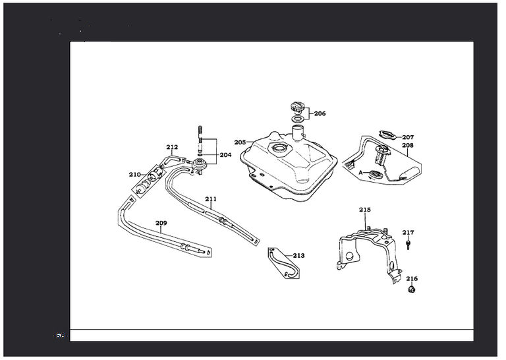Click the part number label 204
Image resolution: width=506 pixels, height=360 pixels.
click(x=225, y=155)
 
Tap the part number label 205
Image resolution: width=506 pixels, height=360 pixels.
click(x=240, y=142)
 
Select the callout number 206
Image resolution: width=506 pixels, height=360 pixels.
click(x=320, y=113)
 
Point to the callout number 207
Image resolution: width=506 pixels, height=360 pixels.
click(x=408, y=138)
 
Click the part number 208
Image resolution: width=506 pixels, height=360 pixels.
click(x=408, y=145)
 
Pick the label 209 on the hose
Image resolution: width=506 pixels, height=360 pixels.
click(x=161, y=223)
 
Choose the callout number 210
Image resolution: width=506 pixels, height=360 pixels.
click(x=134, y=175)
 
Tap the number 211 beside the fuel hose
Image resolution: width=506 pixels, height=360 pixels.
click(x=210, y=198)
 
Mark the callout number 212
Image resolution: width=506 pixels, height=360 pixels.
click(x=172, y=147)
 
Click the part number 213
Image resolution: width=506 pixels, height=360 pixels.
click(x=298, y=255)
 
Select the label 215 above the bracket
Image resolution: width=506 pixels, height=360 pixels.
click(x=365, y=210)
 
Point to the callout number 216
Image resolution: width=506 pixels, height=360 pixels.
click(x=411, y=278)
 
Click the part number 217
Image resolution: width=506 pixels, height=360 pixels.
click(x=408, y=232)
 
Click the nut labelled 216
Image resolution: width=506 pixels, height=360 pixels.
click(x=412, y=289)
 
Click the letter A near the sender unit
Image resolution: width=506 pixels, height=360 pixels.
click(x=360, y=171)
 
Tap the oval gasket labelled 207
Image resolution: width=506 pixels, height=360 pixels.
click(x=388, y=135)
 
